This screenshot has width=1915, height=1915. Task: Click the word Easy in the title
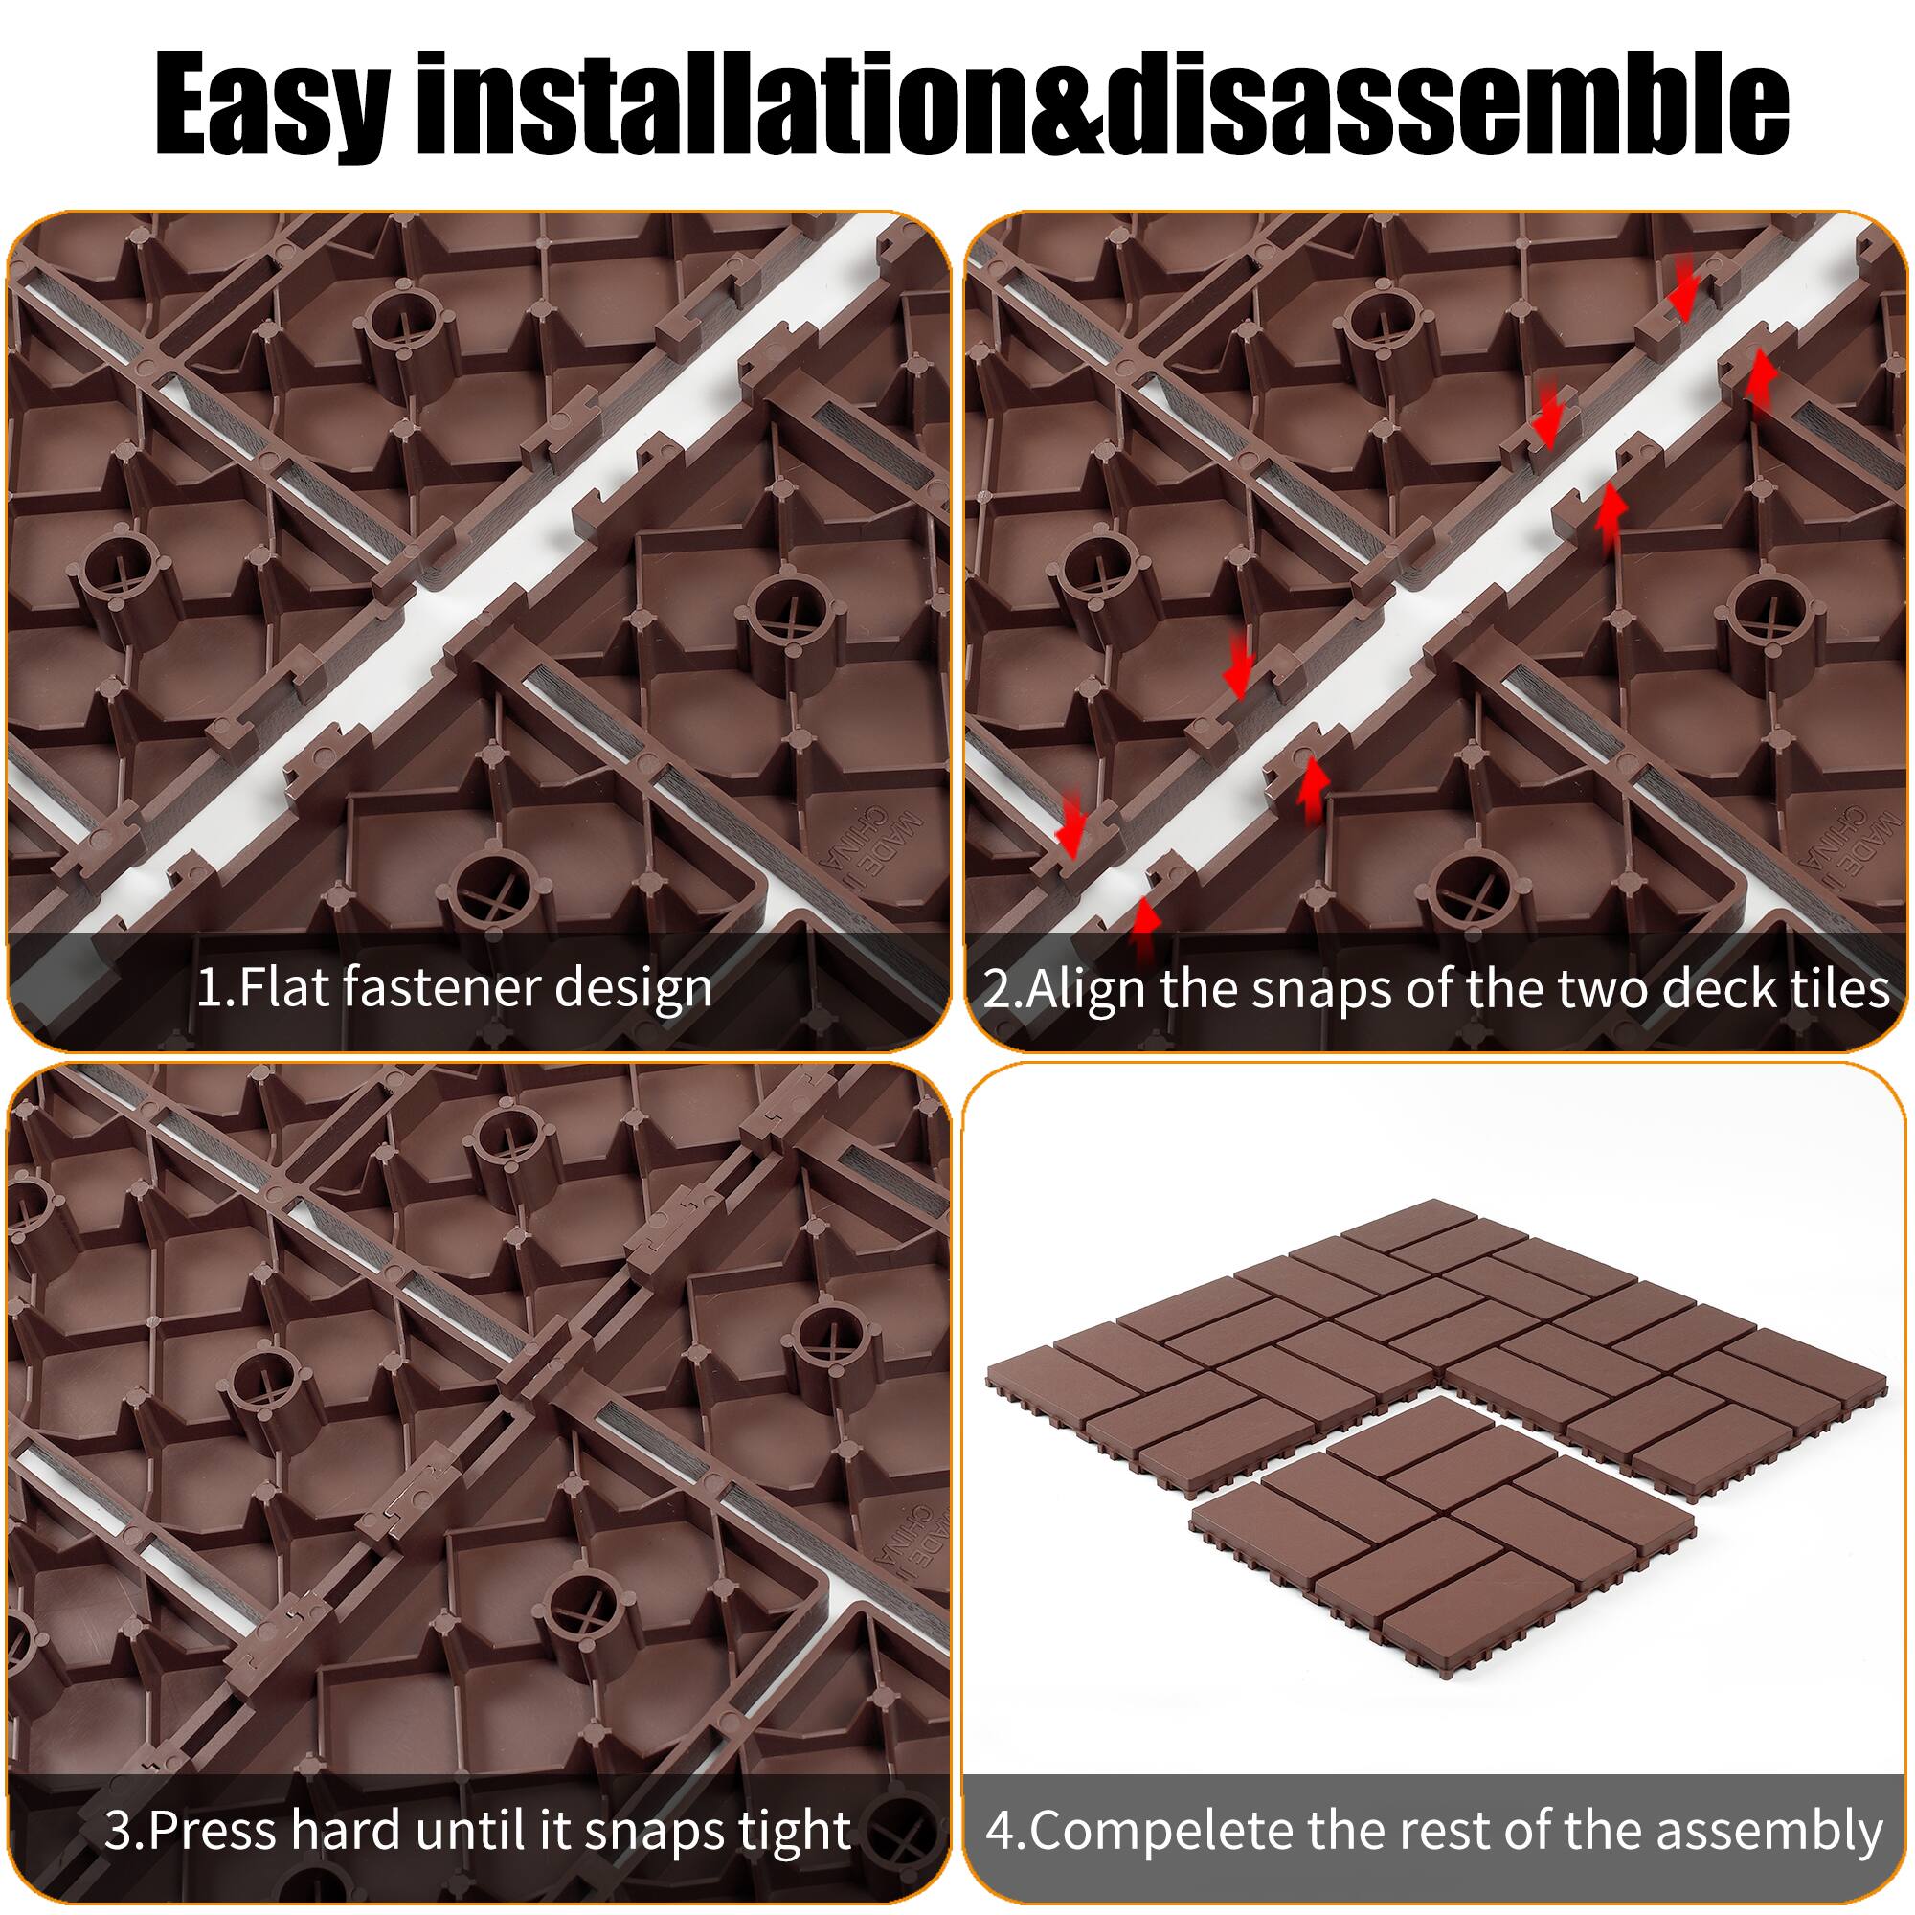point(270,100)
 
